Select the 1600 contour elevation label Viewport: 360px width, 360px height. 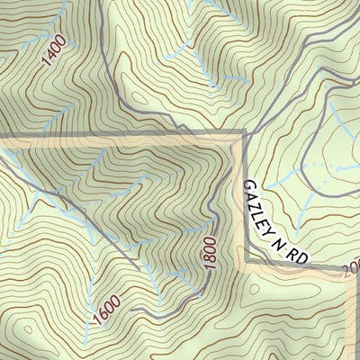coord(104,311)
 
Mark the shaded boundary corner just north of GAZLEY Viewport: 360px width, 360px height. coord(243,135)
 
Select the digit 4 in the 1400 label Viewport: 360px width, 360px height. coord(50,59)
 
